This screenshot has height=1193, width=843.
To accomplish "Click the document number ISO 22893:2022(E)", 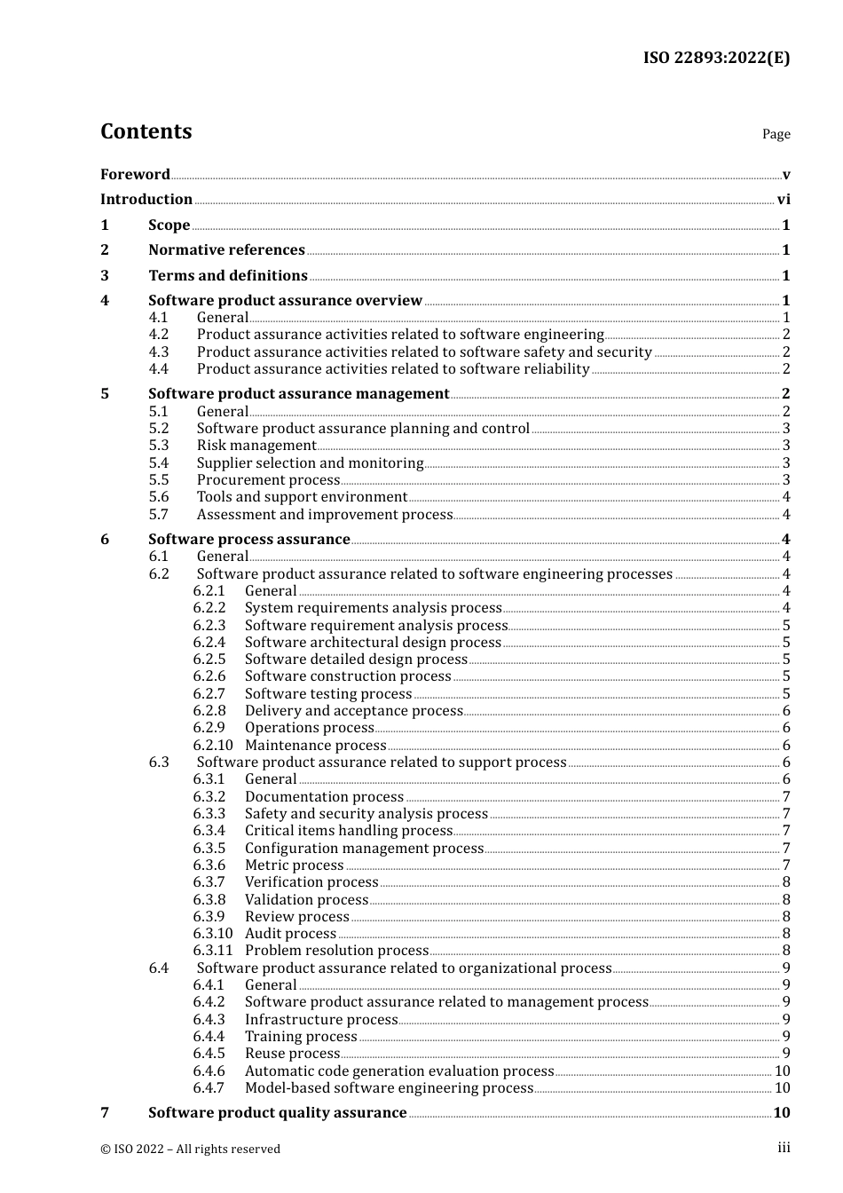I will pos(716,58).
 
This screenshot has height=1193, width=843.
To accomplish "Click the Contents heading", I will pos(146,131).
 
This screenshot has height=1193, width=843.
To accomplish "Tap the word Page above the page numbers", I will pos(776,134).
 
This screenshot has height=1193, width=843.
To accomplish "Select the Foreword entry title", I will pos(135,174).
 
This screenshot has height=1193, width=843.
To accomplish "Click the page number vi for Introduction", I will pos(784,200).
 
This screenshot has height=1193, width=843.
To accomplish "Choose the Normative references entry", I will pos(226,250).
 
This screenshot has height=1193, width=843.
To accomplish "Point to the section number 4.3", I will pos(158,352).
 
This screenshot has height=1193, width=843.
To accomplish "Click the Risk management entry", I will pos(256,446).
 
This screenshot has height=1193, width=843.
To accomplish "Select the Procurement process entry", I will pos(268,480).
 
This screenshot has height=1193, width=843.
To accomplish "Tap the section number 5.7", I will pos(158,515).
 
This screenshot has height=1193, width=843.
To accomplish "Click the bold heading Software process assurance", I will pos(248,540).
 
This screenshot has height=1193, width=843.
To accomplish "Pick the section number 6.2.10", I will pos(212,746).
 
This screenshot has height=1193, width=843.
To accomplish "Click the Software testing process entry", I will pos(328,694).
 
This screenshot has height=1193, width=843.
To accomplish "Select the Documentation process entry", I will pos(324,797).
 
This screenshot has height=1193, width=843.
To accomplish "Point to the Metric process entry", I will pos(294,865).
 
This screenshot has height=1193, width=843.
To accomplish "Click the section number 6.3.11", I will pos(212,951).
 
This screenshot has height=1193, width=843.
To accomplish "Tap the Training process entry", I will pos(301,1037).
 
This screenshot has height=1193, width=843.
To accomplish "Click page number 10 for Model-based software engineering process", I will pos(782,1088).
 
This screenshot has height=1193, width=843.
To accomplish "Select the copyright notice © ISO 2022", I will pos(190,1149).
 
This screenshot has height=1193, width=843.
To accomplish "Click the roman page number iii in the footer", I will pos(784,1148).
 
